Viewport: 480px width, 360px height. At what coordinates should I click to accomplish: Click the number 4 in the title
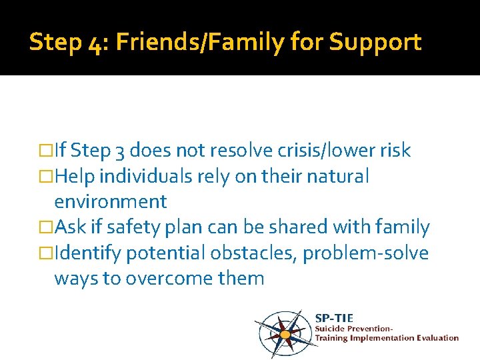coord(95,43)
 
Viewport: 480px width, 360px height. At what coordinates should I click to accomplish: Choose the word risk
coord(396,151)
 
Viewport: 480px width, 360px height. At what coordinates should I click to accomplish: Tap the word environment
coord(111,201)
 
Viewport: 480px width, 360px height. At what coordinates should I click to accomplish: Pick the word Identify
coord(89,253)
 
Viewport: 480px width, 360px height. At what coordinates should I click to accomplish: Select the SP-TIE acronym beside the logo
coord(334,318)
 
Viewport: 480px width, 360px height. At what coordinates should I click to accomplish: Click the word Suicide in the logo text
coord(331,328)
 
